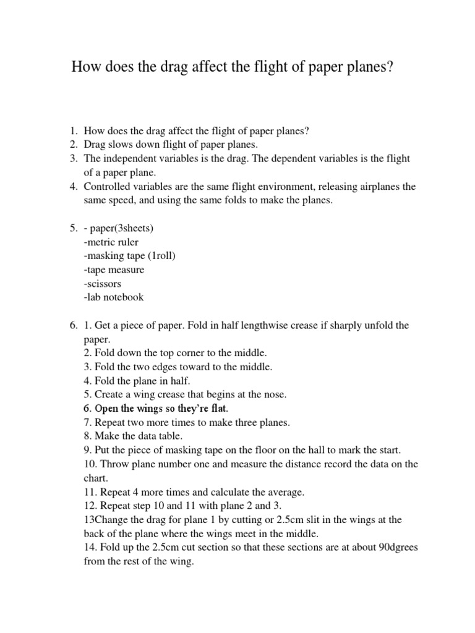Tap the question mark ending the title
pos(390,67)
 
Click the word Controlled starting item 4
pos(107,187)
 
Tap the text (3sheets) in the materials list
pos(134,228)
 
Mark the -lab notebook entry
pos(114,297)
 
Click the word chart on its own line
pos(95,478)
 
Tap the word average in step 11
pos(282,492)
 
